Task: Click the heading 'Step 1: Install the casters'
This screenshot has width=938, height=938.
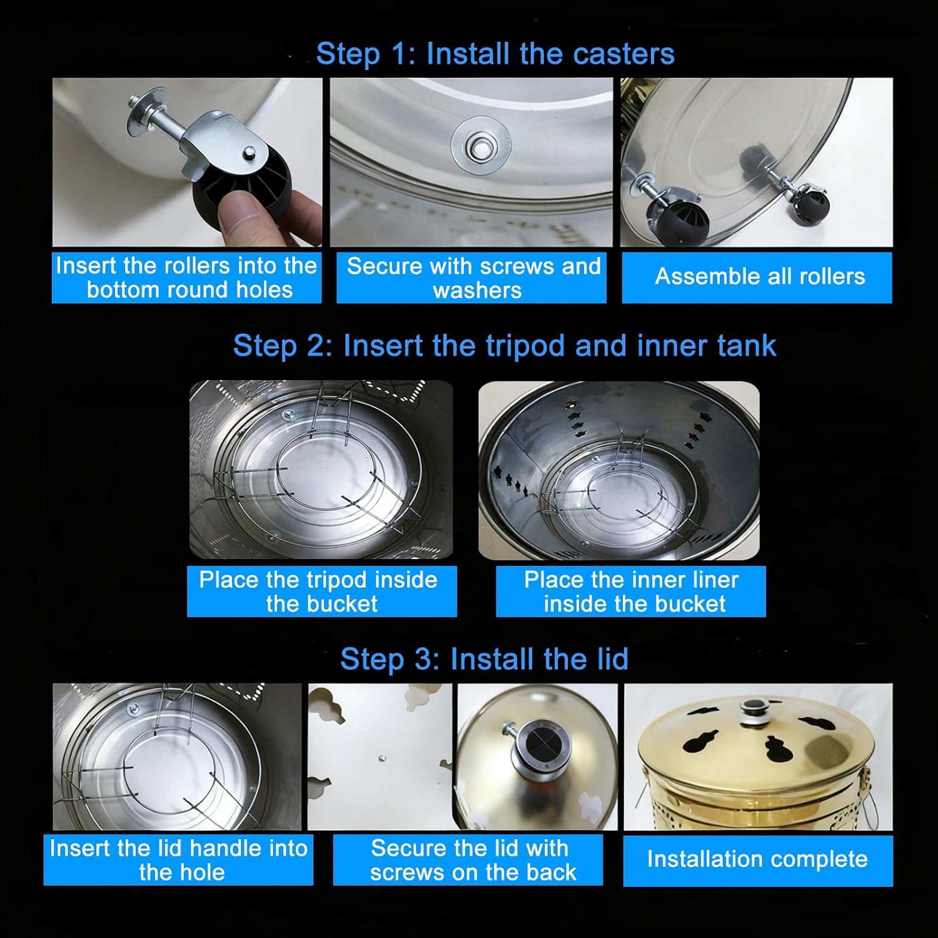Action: point(495,54)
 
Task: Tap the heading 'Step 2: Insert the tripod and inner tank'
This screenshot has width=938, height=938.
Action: point(505,346)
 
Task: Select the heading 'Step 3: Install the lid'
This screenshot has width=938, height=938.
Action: point(484,659)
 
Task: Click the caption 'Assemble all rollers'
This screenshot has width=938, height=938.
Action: point(760,276)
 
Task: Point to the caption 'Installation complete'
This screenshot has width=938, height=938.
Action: point(757,859)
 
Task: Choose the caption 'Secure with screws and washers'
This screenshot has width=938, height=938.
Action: point(474,278)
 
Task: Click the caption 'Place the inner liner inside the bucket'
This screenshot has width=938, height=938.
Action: point(632,592)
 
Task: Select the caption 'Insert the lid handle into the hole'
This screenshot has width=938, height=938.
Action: point(179,860)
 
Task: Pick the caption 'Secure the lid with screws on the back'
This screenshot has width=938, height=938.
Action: point(470,860)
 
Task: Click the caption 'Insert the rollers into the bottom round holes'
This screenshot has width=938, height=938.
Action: point(186,278)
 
